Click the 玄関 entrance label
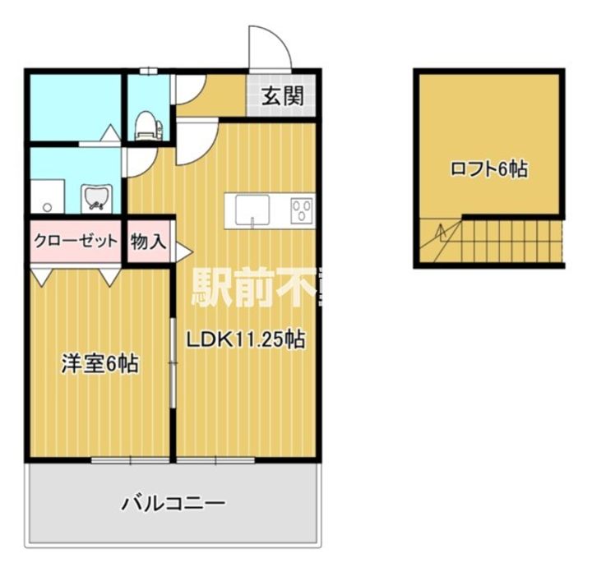pos(282,96)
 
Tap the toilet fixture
pos(148,123)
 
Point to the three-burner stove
pos(301,210)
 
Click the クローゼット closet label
pos(76,242)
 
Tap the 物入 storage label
pos(149,242)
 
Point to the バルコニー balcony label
pos(173,502)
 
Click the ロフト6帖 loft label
pos(488,169)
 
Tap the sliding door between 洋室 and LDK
pos(173,362)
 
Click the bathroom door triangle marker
pos(109,131)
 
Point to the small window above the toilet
pos(149,71)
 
